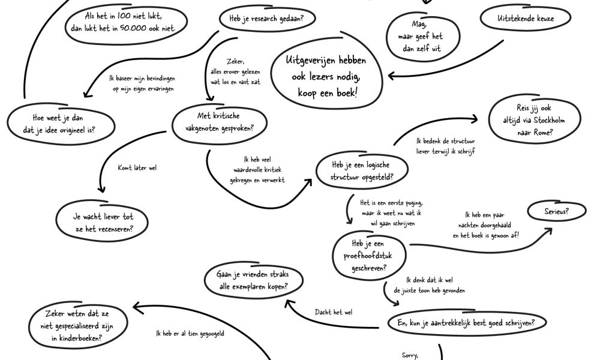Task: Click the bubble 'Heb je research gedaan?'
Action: coord(266,19)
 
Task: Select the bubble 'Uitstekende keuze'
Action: coord(526,19)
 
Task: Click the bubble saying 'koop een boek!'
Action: coord(326,77)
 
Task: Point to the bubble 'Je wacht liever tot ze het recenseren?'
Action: coord(104,223)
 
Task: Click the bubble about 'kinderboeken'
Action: coord(79,326)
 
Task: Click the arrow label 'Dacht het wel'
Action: coord(334,312)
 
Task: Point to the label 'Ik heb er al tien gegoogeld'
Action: coord(190,334)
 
